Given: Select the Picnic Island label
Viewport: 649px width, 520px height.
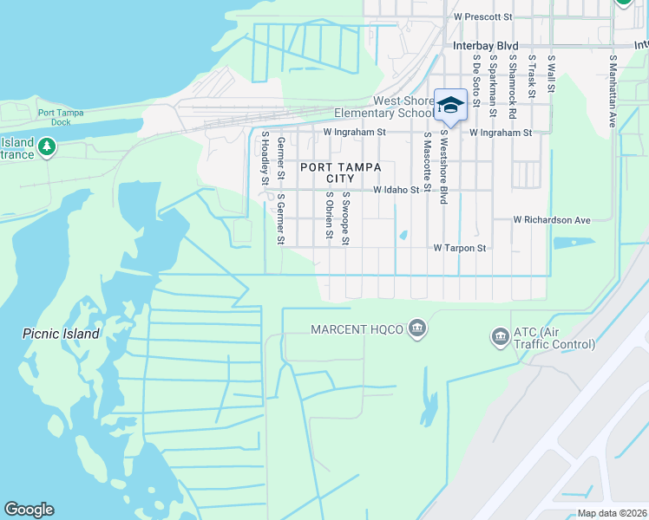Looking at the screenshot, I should click(62, 334).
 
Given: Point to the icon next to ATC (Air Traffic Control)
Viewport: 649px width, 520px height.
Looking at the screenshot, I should click(500, 336).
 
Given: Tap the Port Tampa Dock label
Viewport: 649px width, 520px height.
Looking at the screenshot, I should click(54, 117).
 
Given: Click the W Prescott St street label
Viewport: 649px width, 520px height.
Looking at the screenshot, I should click(483, 16).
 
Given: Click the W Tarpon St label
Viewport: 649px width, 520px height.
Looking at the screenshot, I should click(460, 248).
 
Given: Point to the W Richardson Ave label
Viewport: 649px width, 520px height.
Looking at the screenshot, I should click(551, 220).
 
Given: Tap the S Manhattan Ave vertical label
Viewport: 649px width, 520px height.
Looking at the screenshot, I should click(613, 92).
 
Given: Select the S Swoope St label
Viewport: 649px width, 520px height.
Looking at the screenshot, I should click(345, 218).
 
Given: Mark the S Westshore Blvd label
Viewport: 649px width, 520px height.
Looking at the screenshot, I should click(443, 167).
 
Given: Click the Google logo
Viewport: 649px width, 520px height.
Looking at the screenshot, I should click(29, 510).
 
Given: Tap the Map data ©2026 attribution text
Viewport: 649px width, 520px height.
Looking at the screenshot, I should click(611, 513).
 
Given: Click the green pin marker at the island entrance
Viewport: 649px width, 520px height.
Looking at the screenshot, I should click(47, 147).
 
